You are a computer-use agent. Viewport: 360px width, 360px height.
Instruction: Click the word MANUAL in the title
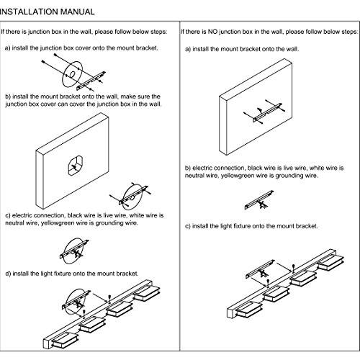click(x=77, y=12)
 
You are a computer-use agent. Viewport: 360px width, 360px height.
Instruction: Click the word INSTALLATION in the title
click(x=29, y=12)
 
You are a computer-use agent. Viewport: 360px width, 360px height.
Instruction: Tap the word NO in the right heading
click(x=212, y=32)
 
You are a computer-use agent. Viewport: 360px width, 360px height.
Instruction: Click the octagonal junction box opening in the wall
click(x=76, y=166)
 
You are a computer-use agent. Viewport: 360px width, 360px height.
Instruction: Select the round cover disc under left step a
click(x=72, y=74)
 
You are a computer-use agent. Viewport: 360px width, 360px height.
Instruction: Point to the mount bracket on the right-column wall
click(x=267, y=112)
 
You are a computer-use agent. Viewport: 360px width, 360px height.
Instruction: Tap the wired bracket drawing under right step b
click(x=258, y=200)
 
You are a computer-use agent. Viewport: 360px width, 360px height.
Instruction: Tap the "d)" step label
click(x=8, y=274)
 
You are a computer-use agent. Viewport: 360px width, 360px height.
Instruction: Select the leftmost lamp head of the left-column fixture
click(x=64, y=339)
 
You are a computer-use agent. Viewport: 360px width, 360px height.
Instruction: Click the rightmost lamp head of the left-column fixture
click(x=147, y=293)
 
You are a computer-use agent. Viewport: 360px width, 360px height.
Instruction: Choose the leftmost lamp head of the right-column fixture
click(x=248, y=310)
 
